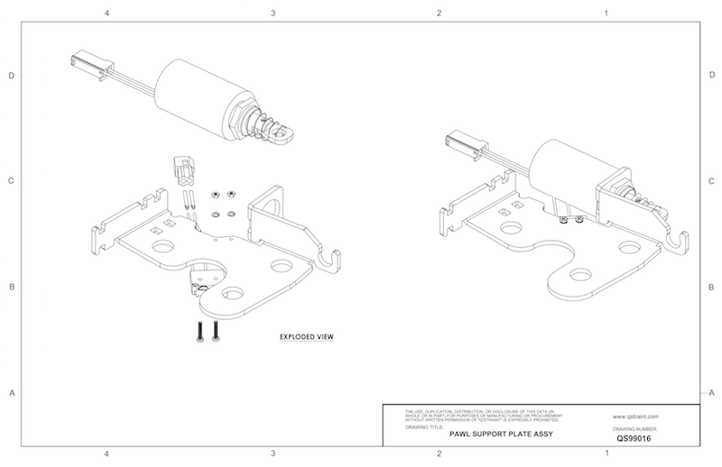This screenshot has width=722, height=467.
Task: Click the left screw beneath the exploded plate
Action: pos(198,332)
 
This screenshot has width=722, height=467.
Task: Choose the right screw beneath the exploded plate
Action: pos(216,332)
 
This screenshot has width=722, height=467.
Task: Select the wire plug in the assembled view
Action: pos(462,141)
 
